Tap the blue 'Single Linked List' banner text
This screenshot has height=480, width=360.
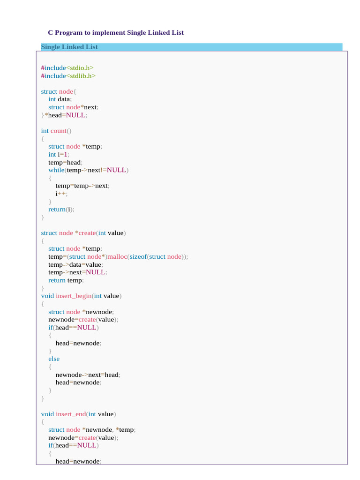(x=69, y=47)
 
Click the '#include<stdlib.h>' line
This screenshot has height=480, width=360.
(x=68, y=75)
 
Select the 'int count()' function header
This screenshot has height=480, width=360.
(x=56, y=131)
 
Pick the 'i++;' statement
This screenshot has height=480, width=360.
(x=61, y=194)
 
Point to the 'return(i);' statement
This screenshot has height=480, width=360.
(x=61, y=210)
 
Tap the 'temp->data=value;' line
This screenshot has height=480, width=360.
(x=74, y=264)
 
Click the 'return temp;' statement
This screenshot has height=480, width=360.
(x=66, y=280)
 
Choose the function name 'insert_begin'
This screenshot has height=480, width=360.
(x=73, y=296)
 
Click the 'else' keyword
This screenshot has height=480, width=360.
(x=54, y=359)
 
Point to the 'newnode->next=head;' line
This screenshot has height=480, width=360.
(x=88, y=375)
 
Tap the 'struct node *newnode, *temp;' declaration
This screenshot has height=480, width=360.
(x=92, y=430)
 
